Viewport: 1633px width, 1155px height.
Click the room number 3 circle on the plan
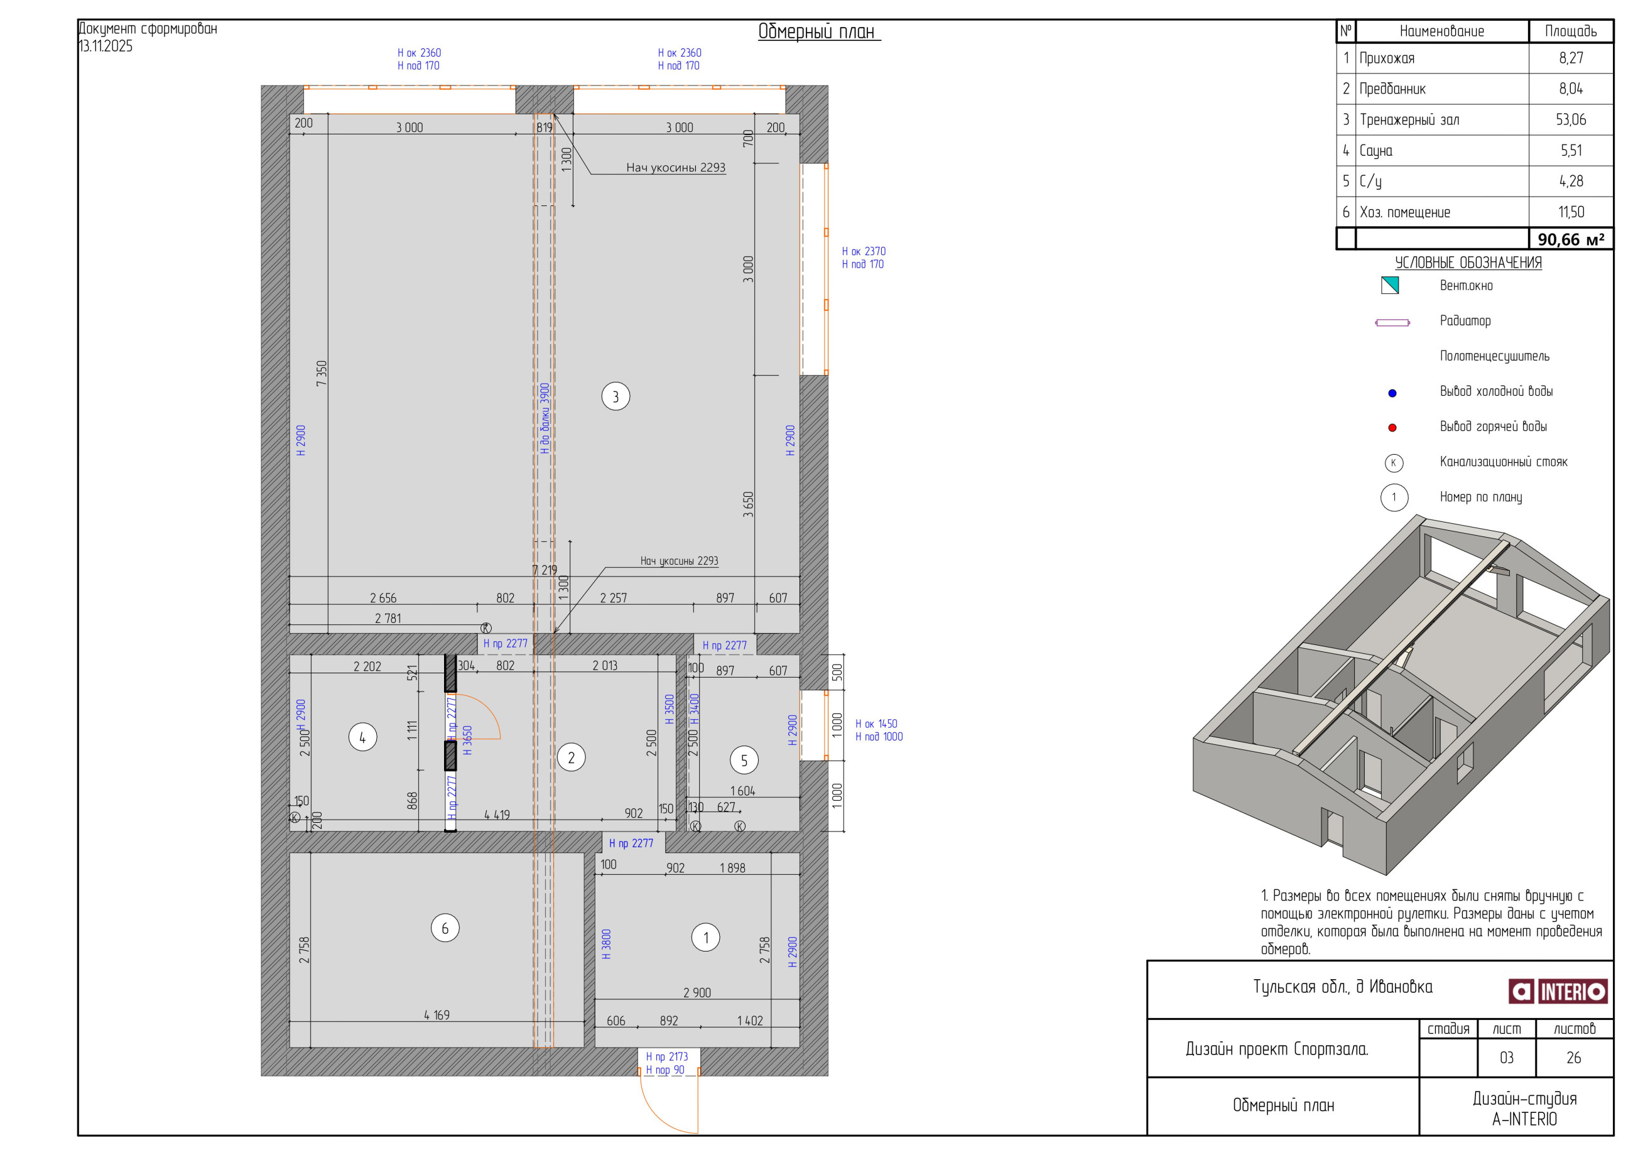[616, 396]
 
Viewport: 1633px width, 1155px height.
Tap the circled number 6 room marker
[445, 928]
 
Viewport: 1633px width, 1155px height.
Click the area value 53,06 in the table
[1570, 119]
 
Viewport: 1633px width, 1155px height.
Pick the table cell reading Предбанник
[1392, 89]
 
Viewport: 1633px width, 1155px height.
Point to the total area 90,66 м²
[1570, 239]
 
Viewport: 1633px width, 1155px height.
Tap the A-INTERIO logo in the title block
[1558, 990]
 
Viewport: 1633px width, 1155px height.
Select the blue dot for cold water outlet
[1392, 393]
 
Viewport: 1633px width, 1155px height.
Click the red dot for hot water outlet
[1392, 428]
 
